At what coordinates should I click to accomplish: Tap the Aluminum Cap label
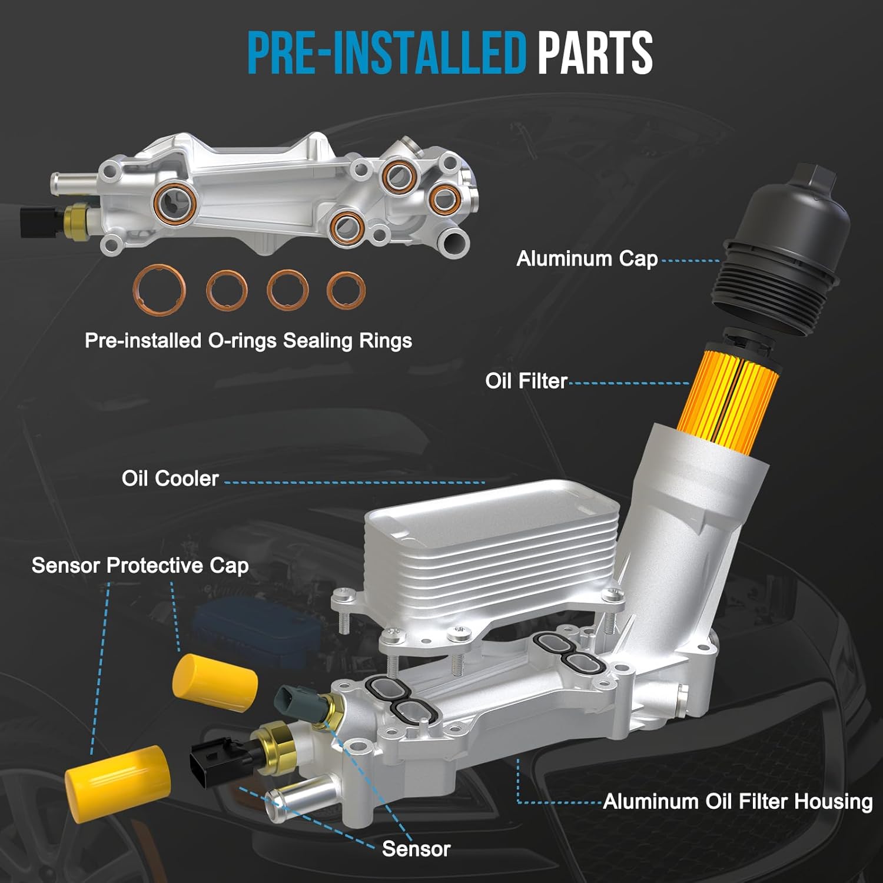point(587,258)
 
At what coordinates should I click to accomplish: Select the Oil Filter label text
point(526,381)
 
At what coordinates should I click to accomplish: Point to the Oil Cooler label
point(170,478)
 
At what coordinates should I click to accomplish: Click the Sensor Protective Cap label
point(140,566)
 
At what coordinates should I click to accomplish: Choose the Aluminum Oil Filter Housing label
point(738,801)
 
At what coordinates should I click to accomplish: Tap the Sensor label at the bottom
point(416,848)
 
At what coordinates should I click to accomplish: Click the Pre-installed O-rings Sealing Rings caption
point(248,340)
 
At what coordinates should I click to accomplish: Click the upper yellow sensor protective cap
point(215,682)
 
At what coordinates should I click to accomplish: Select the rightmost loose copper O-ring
point(346,290)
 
